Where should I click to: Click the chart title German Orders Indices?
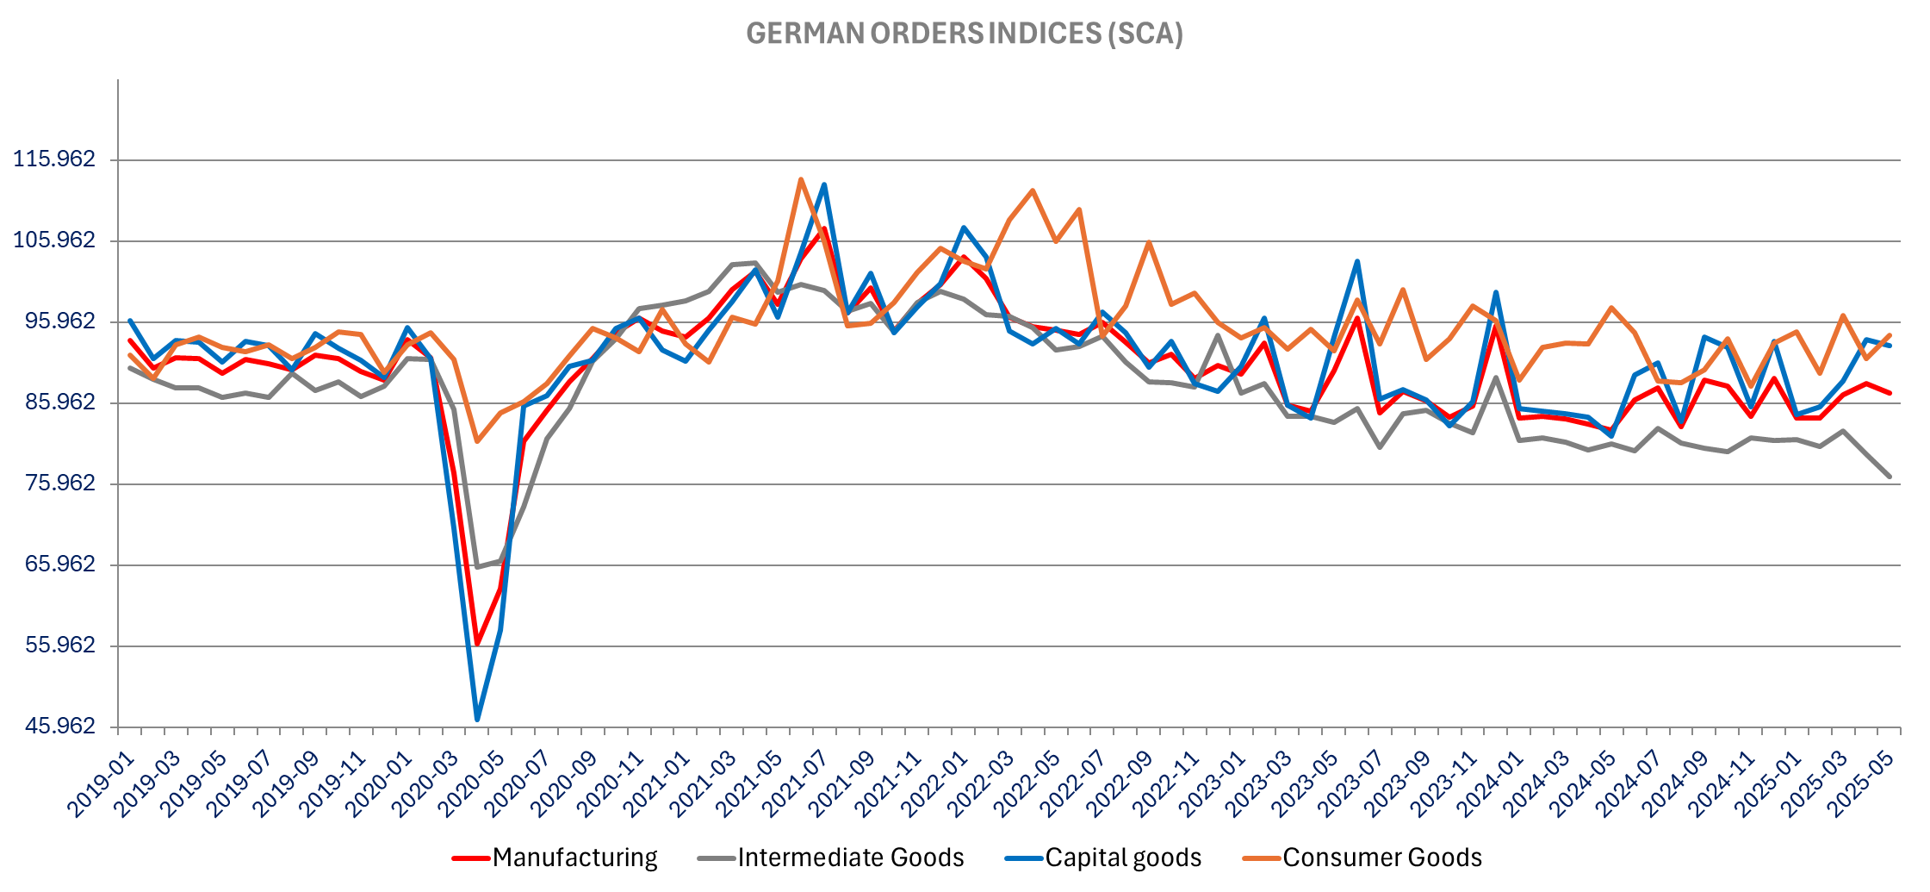(x=964, y=34)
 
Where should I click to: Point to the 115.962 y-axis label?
(x=54, y=159)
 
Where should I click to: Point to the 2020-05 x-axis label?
(x=469, y=785)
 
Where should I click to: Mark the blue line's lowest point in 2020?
(x=477, y=720)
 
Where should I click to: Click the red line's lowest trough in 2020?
(x=477, y=645)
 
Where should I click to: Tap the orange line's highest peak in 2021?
(x=801, y=179)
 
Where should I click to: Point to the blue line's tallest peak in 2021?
(x=824, y=184)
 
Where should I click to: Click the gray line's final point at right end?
(x=1890, y=477)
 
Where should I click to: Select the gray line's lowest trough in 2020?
(x=477, y=567)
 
